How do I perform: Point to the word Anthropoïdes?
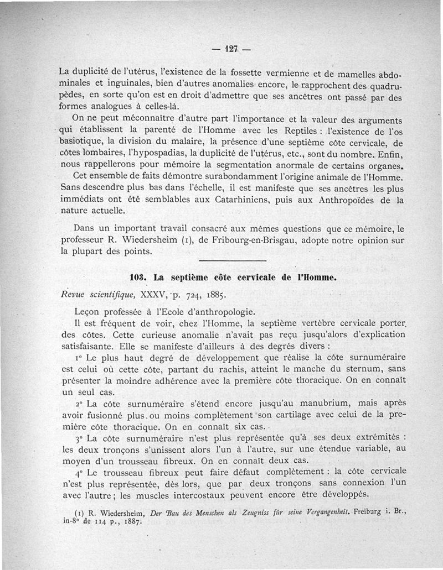[349, 200]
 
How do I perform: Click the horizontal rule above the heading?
[233, 260]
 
